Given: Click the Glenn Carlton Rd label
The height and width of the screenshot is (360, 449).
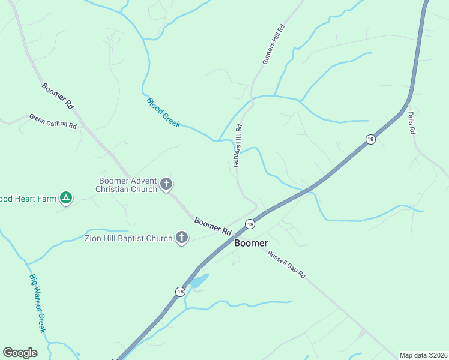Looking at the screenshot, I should [x=53, y=121].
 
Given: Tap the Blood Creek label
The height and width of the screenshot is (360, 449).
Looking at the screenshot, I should [x=163, y=112].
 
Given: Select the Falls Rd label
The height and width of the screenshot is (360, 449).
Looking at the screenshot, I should [x=412, y=122].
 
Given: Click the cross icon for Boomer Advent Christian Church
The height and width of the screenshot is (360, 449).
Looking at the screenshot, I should [x=166, y=184].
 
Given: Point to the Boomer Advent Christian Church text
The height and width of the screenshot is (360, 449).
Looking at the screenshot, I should [x=126, y=184].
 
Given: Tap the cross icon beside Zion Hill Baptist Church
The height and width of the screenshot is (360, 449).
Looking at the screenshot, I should [x=181, y=238].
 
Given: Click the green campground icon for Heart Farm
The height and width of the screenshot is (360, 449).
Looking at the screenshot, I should [x=66, y=197].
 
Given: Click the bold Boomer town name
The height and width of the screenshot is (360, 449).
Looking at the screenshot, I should [x=251, y=243].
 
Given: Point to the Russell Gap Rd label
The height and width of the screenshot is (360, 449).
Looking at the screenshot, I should [x=287, y=264].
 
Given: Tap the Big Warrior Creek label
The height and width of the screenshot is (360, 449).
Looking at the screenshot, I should [x=38, y=303].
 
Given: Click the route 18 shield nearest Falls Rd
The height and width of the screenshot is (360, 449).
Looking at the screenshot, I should [x=370, y=139].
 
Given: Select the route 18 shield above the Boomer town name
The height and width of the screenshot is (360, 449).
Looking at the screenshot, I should [x=250, y=224].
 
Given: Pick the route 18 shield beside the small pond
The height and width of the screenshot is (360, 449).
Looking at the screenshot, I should [x=180, y=292].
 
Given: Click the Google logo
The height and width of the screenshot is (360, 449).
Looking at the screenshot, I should [x=20, y=353].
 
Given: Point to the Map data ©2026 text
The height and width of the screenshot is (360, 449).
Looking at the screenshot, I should [x=423, y=355].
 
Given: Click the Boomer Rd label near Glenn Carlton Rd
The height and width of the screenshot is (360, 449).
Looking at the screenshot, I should [x=58, y=95].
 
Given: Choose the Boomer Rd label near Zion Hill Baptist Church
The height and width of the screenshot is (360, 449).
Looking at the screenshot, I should [x=213, y=226].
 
